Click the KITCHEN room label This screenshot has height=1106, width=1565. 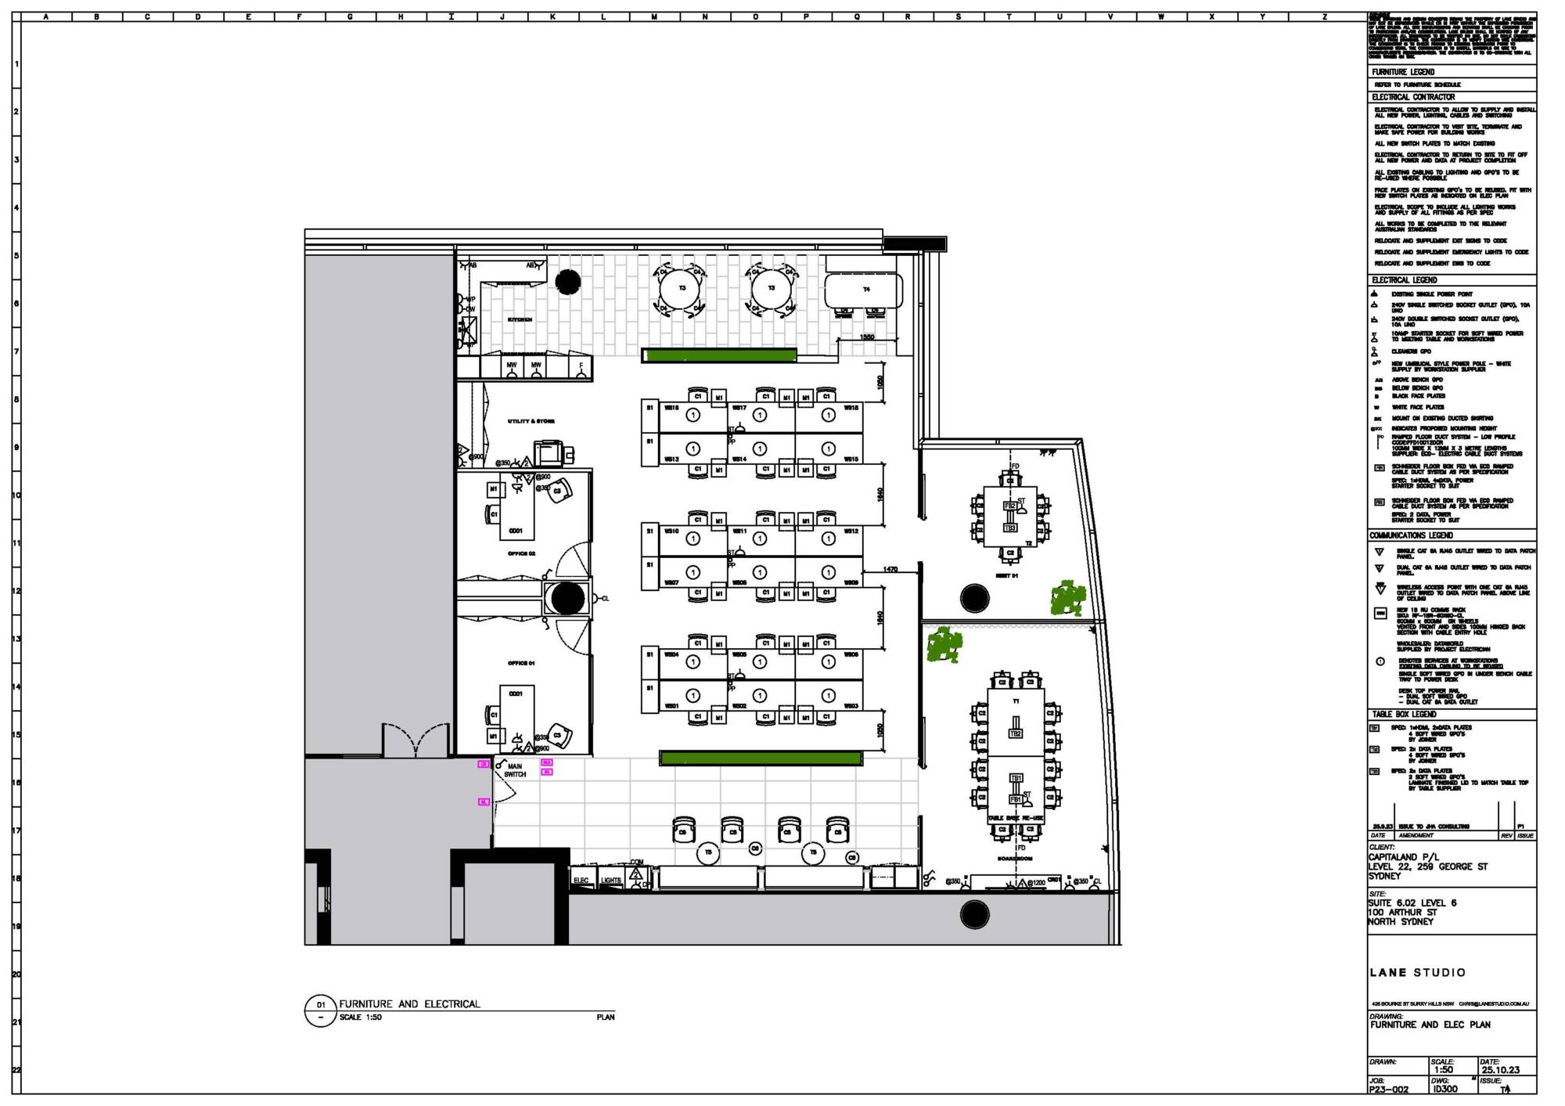[x=520, y=319]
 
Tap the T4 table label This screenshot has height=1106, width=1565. [x=866, y=290]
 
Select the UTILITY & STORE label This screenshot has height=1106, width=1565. [x=531, y=421]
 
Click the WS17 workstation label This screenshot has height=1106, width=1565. [x=739, y=408]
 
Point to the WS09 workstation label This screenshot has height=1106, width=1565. [x=851, y=582]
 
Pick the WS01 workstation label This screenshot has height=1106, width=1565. [x=671, y=706]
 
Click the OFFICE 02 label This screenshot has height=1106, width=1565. [x=521, y=553]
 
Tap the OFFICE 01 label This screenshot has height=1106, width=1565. [x=521, y=663]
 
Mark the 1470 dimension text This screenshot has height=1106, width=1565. [x=890, y=569]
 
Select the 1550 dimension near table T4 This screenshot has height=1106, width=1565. [x=867, y=337]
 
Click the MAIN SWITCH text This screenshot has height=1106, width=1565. [x=515, y=770]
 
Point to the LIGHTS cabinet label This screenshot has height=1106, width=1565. [x=611, y=881]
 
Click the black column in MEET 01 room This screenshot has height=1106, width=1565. [x=973, y=598]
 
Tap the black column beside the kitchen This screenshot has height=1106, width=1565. [x=568, y=280]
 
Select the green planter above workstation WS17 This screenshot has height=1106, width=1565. [x=719, y=356]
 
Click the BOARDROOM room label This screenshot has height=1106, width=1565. [x=1014, y=859]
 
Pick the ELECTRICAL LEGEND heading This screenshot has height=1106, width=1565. [x=1404, y=280]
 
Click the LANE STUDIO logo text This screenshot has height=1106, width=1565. [x=1417, y=972]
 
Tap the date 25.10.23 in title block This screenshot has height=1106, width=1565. [x=1499, y=1070]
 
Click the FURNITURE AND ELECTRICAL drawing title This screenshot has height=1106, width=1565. [x=409, y=1003]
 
